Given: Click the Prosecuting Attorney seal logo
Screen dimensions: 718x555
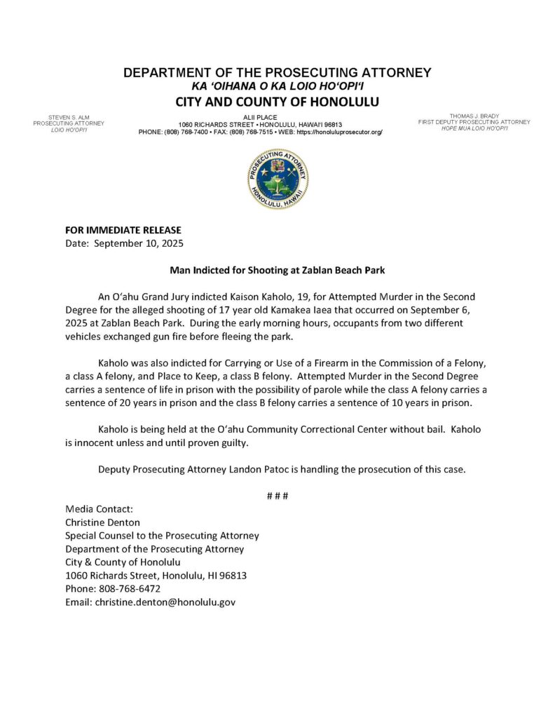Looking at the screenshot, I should tap(277, 179).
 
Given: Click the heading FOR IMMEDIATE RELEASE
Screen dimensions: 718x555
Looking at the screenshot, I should tap(123, 230).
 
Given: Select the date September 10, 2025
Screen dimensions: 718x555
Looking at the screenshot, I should tap(139, 243).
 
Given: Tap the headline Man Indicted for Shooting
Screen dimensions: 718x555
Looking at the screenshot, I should tap(277, 269).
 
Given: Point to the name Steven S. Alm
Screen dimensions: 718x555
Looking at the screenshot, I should tap(68, 116).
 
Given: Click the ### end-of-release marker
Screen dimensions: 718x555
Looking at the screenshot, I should tap(277, 496).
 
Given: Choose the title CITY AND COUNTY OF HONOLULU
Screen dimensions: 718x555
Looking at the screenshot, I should tap(277, 102).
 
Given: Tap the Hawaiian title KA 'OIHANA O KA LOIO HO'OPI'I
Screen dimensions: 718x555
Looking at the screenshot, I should tap(277, 86).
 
